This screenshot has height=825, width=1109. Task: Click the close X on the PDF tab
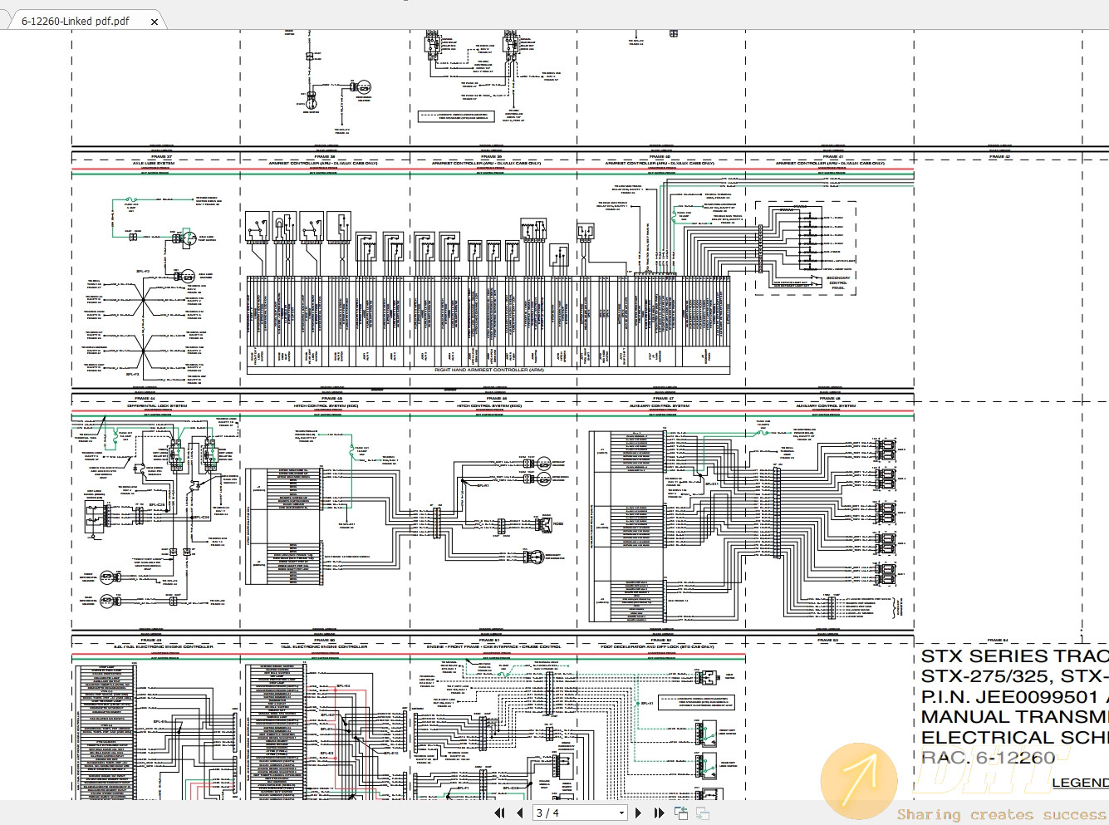[x=155, y=22]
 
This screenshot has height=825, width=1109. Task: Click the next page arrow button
[x=638, y=813]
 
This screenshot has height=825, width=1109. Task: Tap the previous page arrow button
[x=520, y=813]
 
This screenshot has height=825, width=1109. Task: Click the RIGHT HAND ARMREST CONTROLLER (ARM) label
[x=489, y=370]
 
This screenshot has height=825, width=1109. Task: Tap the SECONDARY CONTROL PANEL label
[x=838, y=282]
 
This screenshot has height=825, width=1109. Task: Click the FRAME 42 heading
[x=999, y=156]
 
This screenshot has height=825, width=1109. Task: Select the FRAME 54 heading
[x=998, y=640]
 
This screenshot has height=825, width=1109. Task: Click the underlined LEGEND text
[x=1079, y=783]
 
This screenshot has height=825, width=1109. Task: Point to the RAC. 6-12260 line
[x=989, y=758]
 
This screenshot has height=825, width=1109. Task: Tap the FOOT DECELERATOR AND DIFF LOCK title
[x=657, y=646]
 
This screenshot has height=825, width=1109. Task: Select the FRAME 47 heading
[x=662, y=399]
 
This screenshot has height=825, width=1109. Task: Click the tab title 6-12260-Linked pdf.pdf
[x=76, y=22]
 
